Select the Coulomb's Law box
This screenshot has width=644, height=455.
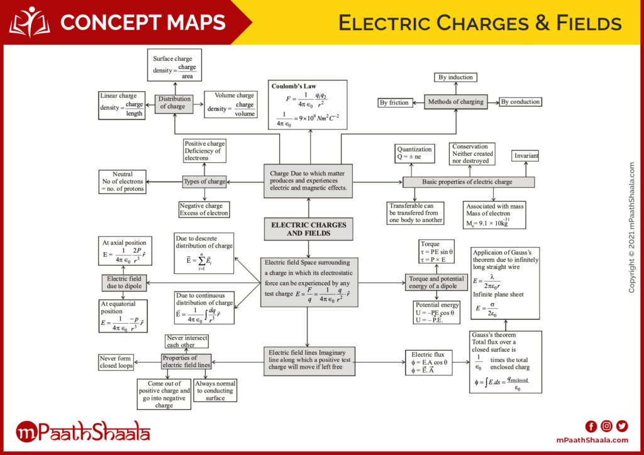point(308,104)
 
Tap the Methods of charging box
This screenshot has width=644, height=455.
point(456,102)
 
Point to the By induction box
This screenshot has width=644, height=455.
point(456,77)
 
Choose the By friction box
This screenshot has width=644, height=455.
point(395,102)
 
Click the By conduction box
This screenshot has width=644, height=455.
point(520,102)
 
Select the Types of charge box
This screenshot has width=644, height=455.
point(204,182)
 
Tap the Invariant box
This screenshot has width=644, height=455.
point(526,156)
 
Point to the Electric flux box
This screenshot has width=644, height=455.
point(428,363)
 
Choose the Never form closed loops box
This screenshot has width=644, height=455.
point(116,362)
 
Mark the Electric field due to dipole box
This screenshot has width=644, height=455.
point(124,283)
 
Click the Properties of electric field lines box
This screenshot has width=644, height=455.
point(186,361)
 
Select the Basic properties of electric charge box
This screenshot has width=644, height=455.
point(469,182)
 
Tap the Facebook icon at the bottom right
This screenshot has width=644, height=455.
point(591,425)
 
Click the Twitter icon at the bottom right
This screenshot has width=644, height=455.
point(622,425)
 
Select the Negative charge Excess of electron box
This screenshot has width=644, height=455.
point(204,209)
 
